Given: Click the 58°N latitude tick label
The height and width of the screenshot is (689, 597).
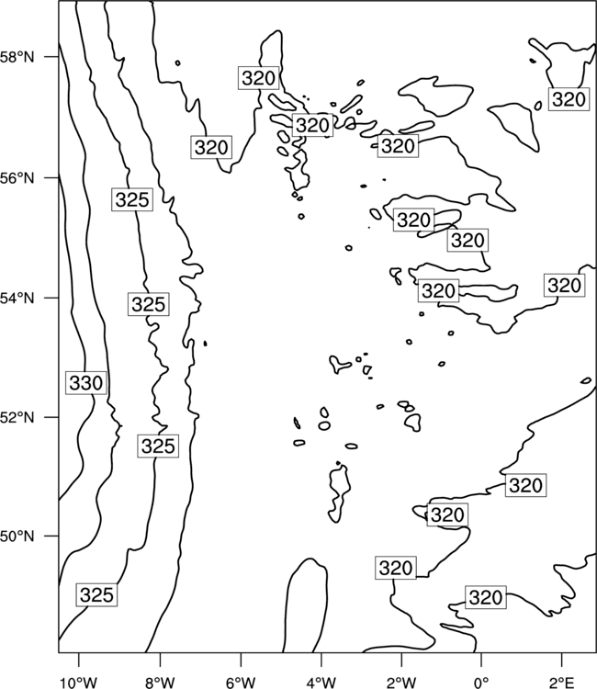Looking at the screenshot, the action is click(x=17, y=57).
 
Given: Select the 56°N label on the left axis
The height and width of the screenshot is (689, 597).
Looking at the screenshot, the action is click(x=17, y=178).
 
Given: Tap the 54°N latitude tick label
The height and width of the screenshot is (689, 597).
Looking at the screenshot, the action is click(x=17, y=298).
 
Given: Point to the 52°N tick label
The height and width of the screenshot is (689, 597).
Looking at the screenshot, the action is click(x=17, y=416).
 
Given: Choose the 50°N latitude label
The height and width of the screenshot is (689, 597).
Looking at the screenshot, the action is click(x=17, y=537).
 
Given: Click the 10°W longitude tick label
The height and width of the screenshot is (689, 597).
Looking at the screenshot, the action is click(x=79, y=683).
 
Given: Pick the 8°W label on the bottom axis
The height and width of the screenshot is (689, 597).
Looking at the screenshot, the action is click(x=160, y=683).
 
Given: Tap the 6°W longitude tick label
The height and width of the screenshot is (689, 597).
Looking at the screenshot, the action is click(x=241, y=683).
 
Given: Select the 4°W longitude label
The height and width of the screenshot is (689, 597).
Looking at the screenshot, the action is click(x=321, y=683).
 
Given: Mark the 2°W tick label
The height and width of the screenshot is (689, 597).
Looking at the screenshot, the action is click(x=401, y=683).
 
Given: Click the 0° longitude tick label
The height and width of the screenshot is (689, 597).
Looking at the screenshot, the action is click(x=481, y=683).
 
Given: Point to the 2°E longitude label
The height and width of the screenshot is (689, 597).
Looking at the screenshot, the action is click(x=562, y=683).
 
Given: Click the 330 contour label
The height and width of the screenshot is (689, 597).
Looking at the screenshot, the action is click(x=86, y=383).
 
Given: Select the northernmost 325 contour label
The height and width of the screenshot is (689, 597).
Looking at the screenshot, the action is click(x=132, y=200).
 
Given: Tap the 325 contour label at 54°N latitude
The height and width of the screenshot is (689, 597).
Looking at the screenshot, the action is click(x=149, y=304).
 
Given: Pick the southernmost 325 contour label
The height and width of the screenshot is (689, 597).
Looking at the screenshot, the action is click(x=96, y=595).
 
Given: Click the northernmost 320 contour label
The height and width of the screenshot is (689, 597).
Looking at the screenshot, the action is click(x=259, y=78).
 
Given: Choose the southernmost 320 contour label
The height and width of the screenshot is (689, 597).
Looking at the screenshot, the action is click(x=486, y=597).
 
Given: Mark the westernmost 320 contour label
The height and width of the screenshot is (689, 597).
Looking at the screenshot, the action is click(x=212, y=147).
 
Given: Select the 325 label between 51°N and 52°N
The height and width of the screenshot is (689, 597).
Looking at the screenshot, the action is click(x=158, y=446).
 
